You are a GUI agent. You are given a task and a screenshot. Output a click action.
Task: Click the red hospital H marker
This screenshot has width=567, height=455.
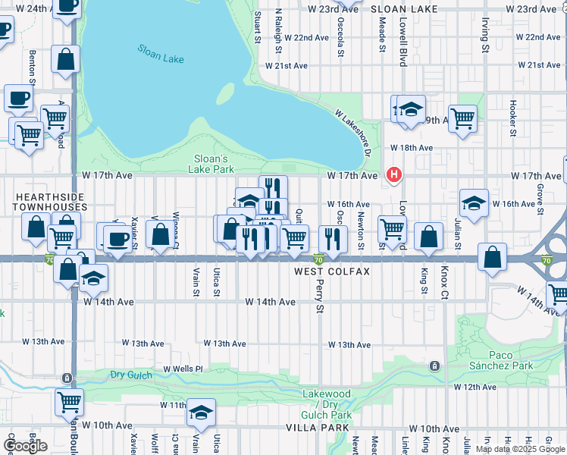click(x=393, y=175)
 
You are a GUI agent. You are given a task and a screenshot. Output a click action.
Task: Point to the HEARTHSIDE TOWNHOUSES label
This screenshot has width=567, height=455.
click(x=50, y=201)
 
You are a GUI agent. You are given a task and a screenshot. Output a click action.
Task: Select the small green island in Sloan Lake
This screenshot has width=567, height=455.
click(x=225, y=93)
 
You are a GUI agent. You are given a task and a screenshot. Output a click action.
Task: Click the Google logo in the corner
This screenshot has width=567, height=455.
click(x=25, y=446)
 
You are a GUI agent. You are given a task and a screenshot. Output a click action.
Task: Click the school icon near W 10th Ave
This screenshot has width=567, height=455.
click(x=202, y=413)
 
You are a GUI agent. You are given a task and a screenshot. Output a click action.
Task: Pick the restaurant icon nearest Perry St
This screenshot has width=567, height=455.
click(x=332, y=238)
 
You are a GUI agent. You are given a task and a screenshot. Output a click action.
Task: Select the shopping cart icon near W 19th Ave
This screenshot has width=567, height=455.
click(x=462, y=118)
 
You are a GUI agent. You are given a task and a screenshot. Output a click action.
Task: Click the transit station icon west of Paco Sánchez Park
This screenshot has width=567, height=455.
click(x=434, y=366)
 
